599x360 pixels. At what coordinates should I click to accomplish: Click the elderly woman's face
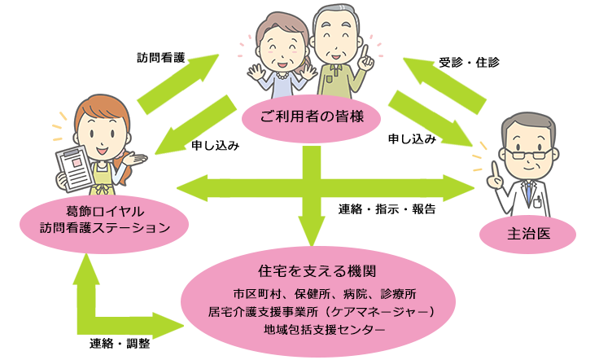point(280,40)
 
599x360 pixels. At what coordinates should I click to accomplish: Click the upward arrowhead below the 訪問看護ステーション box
point(84,270)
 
